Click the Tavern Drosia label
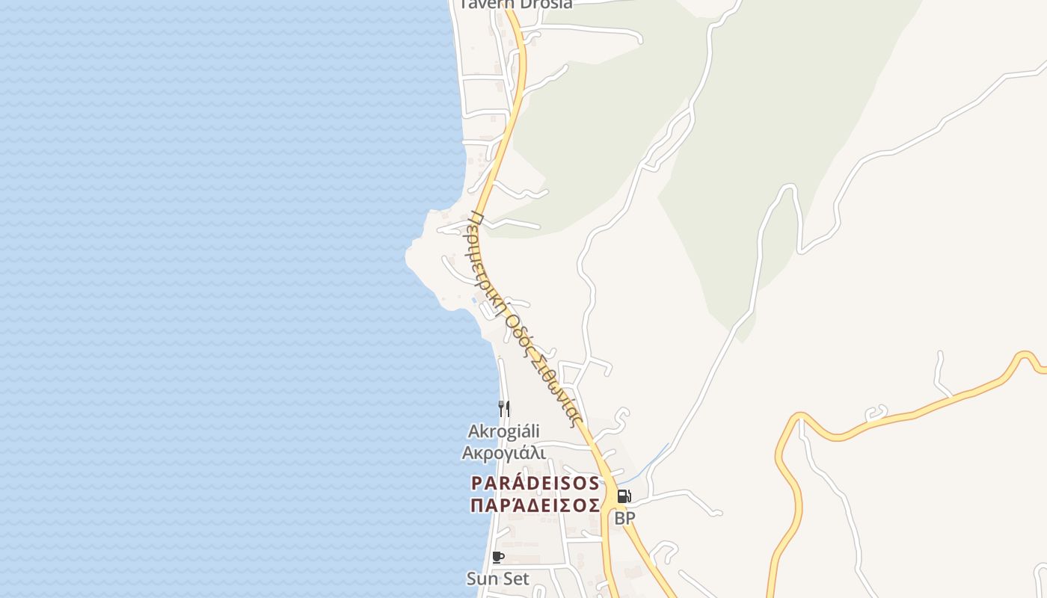pyautogui.click(x=516, y=4)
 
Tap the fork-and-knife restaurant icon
pyautogui.click(x=504, y=408)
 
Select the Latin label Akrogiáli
pyautogui.click(x=503, y=431)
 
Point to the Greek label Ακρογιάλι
pyautogui.click(x=503, y=453)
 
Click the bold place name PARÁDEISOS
pyautogui.click(x=535, y=483)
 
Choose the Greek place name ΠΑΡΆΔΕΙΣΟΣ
pyautogui.click(x=535, y=505)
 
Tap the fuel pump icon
pyautogui.click(x=624, y=496)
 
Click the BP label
pyautogui.click(x=624, y=517)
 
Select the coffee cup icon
pyautogui.click(x=498, y=557)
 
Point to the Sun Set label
pyautogui.click(x=498, y=579)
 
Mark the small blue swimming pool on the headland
pyautogui.click(x=475, y=300)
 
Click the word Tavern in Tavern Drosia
pyautogui.click(x=483, y=4)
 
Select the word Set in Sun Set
pyautogui.click(x=515, y=579)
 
